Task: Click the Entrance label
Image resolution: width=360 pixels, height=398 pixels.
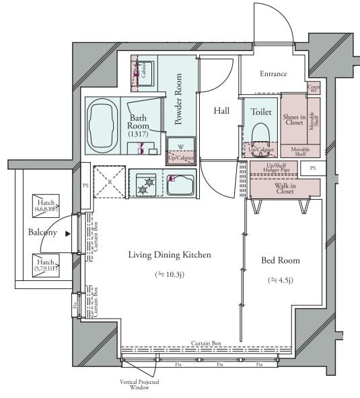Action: pyautogui.click(x=274, y=74)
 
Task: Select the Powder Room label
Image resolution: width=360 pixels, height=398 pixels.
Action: pyautogui.click(x=179, y=99)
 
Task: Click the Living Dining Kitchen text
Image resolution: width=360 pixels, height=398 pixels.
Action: pyautogui.click(x=170, y=255)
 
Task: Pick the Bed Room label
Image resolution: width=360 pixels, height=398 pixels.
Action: pyautogui.click(x=281, y=260)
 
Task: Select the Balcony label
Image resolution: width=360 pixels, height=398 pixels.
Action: pyautogui.click(x=42, y=233)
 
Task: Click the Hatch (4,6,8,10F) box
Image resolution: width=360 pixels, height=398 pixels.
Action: pyautogui.click(x=46, y=205)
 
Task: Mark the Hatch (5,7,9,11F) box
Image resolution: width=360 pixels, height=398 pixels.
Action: pyautogui.click(x=46, y=265)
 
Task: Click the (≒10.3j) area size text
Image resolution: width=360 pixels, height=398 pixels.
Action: pyautogui.click(x=170, y=274)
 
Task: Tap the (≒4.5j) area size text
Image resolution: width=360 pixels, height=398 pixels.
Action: pyautogui.click(x=281, y=280)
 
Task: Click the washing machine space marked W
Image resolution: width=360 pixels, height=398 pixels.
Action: pyautogui.click(x=181, y=147)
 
